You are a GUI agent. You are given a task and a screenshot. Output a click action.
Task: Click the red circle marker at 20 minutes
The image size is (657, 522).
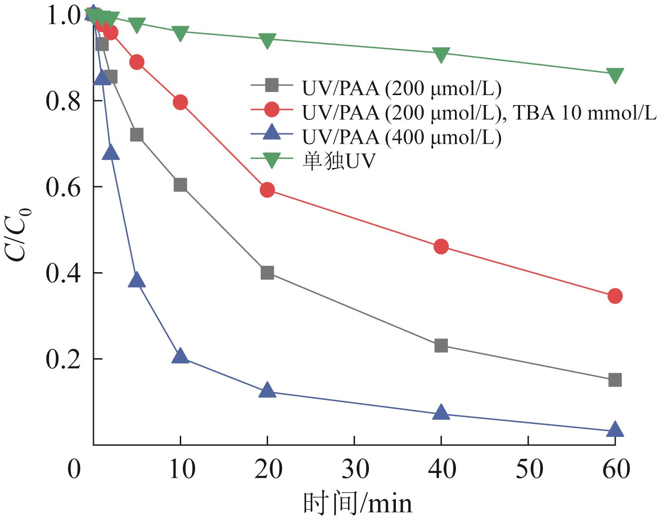[267, 190]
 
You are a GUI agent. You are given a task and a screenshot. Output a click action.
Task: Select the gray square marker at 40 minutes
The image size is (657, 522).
[441, 346]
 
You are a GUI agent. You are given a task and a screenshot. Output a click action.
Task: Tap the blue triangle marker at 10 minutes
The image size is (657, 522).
[180, 357]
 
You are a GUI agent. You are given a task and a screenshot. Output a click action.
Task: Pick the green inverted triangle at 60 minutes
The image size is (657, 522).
[615, 74]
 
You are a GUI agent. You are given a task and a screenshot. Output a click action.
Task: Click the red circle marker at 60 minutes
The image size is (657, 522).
[615, 296]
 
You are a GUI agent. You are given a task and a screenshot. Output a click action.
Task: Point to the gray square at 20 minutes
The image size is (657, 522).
[267, 273]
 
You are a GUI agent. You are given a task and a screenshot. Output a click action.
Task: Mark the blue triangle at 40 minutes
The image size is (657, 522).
[441, 413]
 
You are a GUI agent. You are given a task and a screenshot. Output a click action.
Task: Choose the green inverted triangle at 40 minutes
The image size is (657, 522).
[441, 55]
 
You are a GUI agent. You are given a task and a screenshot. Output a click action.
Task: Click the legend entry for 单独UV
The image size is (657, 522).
[338, 162]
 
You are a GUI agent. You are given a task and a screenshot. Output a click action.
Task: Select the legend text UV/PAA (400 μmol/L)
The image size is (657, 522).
[401, 137]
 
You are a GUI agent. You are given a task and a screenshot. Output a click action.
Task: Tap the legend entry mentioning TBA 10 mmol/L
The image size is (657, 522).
[478, 113]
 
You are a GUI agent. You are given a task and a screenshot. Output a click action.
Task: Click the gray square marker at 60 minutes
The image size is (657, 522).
[615, 380]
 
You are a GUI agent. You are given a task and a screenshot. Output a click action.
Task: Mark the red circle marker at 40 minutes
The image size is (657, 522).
[441, 247]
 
